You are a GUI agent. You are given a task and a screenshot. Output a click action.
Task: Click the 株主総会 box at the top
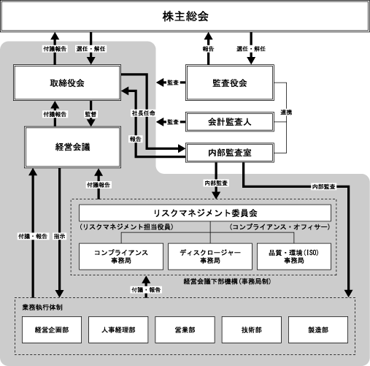click(185, 16)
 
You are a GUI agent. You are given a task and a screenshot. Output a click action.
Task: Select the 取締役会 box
click(67, 83)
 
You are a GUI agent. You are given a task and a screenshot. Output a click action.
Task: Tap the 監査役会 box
click(230, 83)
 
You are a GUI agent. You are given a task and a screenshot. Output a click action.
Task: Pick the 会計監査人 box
click(230, 122)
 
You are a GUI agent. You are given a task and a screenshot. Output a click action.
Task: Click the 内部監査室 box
click(230, 153)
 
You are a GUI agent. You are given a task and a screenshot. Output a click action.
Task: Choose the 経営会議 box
click(72, 147)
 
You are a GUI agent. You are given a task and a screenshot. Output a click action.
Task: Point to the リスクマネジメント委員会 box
click(205, 213)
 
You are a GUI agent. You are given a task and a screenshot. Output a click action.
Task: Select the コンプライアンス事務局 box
click(121, 256)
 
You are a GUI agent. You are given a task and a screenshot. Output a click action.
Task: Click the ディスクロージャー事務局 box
click(210, 256)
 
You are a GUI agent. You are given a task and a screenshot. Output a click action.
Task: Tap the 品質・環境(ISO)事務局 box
click(294, 256)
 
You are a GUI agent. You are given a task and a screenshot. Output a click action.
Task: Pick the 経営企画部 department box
click(52, 329)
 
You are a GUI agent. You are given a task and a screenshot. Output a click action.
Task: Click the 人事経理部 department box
click(118, 329)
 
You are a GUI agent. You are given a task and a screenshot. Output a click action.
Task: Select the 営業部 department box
click(185, 329)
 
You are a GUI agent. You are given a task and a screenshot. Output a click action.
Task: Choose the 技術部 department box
click(252, 329)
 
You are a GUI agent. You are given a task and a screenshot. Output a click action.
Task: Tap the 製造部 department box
click(318, 329)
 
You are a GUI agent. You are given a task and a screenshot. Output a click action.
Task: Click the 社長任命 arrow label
click(144, 113)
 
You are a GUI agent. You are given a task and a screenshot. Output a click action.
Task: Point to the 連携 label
click(286, 113)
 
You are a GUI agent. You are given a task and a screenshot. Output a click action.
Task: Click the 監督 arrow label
click(90, 114)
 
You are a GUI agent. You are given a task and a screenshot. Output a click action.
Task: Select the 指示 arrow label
click(59, 236)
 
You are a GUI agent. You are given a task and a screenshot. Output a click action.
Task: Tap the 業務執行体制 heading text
click(42, 308)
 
